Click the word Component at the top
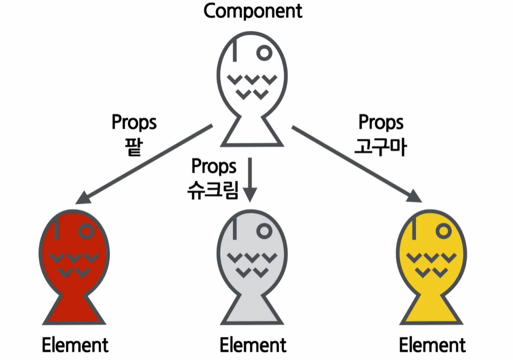coord(253,10)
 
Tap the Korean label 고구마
coord(380,146)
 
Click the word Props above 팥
coord(134,123)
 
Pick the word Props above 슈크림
coord(214,167)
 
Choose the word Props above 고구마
coord(381,123)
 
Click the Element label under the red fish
coord(75,345)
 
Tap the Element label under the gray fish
coord(253,345)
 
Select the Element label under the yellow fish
coord(432,345)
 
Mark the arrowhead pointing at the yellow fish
coord(414,196)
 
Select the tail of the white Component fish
coord(253,133)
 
